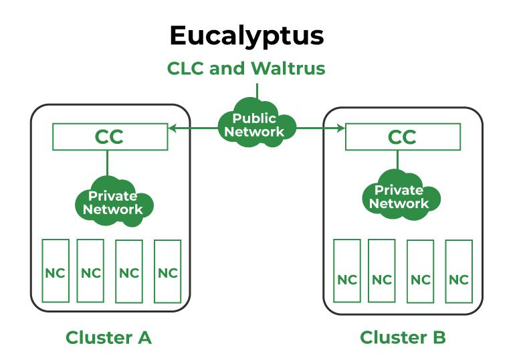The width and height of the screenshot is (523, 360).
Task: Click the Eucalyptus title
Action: click(x=246, y=36)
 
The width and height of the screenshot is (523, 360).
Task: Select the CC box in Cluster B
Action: click(x=402, y=137)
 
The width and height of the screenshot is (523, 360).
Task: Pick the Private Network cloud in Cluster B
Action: click(x=399, y=197)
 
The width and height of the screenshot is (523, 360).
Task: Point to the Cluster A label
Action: click(x=108, y=337)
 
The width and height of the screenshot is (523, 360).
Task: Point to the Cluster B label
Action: click(x=403, y=337)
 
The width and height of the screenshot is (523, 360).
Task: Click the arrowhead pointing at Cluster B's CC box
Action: click(x=341, y=127)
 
